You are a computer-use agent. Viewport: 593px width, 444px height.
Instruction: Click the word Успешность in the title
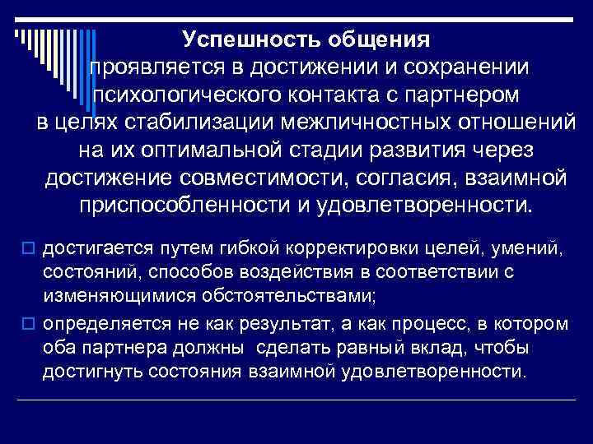(246, 39)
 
